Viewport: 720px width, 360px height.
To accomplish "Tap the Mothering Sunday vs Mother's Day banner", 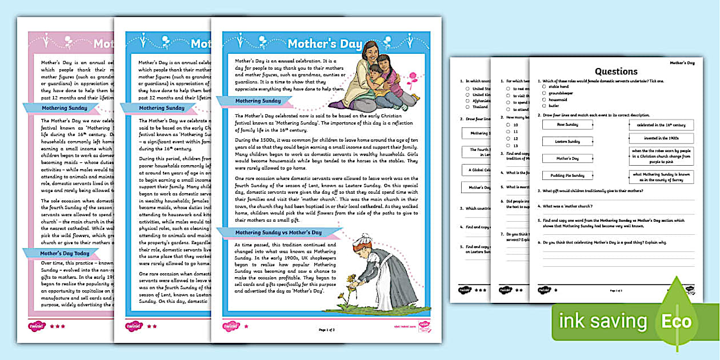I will (279, 233).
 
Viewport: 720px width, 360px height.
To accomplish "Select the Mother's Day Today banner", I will (65, 253).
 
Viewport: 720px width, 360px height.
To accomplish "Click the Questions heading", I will (616, 71).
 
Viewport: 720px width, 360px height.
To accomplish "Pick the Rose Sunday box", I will (568, 125).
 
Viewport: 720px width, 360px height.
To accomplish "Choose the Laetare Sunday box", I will (568, 141).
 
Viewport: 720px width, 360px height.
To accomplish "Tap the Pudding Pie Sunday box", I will (568, 175).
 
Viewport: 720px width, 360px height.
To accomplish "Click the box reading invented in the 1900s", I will (661, 138).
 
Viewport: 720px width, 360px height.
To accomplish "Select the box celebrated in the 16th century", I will (661, 125).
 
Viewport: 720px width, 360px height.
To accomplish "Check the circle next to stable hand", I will (545, 87).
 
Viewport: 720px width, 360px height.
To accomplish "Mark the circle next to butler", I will (545, 106).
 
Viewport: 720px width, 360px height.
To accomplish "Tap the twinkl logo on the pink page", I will (37, 326).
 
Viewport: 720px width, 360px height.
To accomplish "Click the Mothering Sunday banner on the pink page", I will (62, 107).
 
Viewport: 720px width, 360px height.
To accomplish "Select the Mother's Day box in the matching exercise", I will (568, 158).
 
